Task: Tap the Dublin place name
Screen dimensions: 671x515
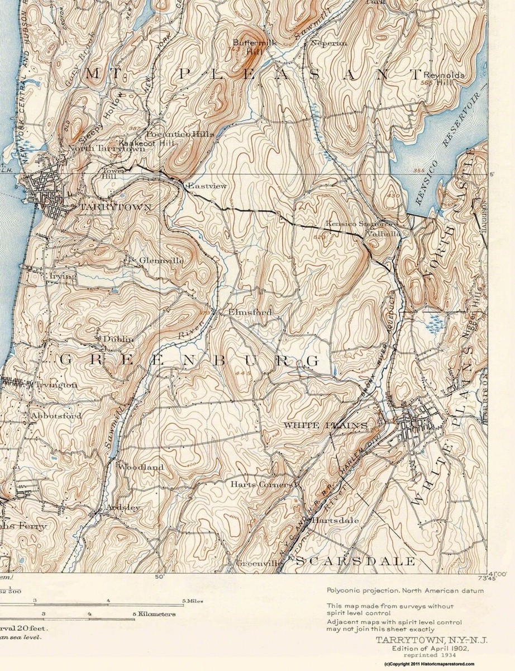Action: [118, 339]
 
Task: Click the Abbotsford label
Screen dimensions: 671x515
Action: [56, 416]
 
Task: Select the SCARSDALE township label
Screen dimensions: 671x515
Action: [355, 561]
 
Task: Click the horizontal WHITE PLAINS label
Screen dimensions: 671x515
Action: [326, 426]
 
